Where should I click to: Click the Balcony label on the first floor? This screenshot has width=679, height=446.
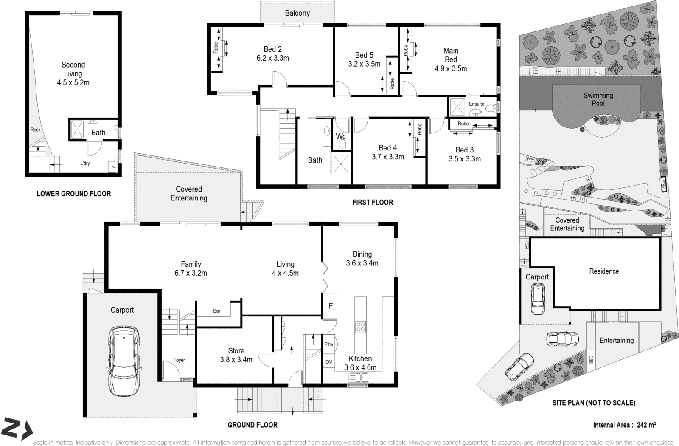[x=297, y=13]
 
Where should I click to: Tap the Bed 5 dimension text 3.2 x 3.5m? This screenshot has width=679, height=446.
[x=364, y=64]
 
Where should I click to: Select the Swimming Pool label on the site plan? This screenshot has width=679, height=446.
[x=598, y=99]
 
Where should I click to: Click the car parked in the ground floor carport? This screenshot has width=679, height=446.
[x=123, y=361]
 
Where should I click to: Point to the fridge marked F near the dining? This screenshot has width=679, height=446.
[x=331, y=306]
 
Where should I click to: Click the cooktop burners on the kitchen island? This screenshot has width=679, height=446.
[x=361, y=327]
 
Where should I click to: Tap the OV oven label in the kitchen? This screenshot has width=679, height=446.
[x=329, y=362]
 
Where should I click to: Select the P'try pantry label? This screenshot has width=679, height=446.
[x=329, y=344]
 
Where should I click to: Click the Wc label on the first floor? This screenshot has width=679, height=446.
[x=341, y=136]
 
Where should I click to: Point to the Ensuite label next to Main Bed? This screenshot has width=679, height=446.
[x=476, y=104]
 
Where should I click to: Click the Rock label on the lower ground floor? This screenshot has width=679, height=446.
[x=36, y=130]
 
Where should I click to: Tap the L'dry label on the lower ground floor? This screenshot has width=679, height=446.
[x=85, y=163]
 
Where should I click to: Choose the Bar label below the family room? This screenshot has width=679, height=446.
[x=217, y=311]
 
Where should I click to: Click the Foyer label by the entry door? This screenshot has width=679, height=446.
[x=179, y=360]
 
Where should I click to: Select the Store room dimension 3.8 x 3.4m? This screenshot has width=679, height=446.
[x=236, y=360]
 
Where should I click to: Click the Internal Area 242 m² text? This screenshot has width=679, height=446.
[x=624, y=425]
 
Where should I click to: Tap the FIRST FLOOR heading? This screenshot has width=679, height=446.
[x=373, y=203]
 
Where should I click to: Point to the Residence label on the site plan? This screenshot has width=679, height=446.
[x=604, y=271]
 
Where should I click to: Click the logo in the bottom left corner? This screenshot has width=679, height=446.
[x=17, y=429]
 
